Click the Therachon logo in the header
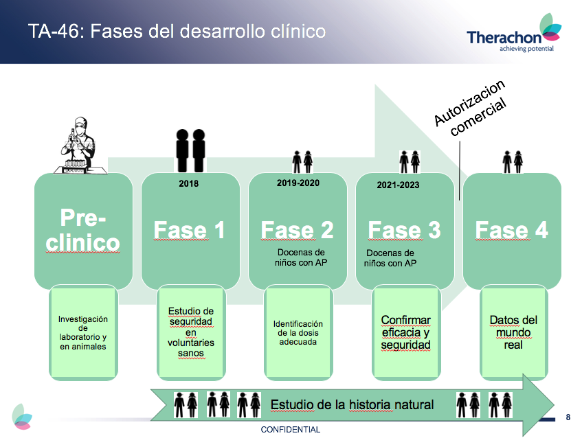click(x=514, y=33)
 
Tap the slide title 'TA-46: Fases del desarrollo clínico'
click(x=177, y=31)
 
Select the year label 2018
click(x=188, y=183)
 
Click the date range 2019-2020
click(x=298, y=183)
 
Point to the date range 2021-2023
click(x=398, y=185)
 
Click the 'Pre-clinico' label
click(x=82, y=230)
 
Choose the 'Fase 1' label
click(x=189, y=230)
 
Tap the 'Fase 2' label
click(x=297, y=230)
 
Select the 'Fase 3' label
click(x=404, y=230)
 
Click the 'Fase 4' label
click(x=511, y=230)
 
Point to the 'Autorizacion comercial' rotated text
click(x=470, y=108)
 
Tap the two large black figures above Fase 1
click(x=190, y=150)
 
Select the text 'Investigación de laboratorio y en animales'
click(x=82, y=333)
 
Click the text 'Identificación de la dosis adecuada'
click(x=298, y=333)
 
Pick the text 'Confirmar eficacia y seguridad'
click(x=405, y=332)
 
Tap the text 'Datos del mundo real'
click(x=513, y=332)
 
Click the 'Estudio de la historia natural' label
click(x=352, y=404)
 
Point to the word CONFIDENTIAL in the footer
click(x=290, y=430)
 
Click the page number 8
click(x=568, y=417)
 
